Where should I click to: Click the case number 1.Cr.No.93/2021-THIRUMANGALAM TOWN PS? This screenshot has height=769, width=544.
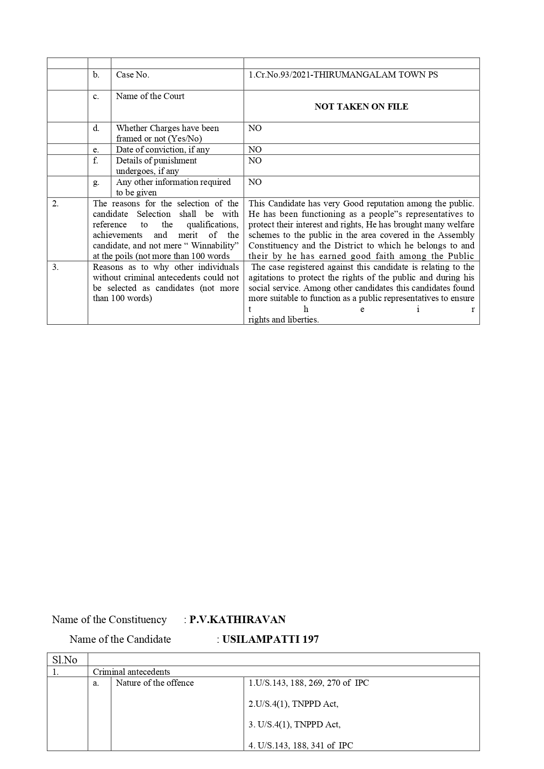coord(343,75)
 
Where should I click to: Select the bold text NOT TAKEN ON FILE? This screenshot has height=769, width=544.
coord(361,106)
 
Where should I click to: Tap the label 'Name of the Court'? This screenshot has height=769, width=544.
coord(150,96)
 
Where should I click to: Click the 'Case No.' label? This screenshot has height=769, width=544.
coord(132,75)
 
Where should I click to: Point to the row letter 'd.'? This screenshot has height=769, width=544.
coord(96,128)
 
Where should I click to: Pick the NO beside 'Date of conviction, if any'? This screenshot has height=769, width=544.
coord(255,149)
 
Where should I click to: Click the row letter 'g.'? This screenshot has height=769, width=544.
coord(96,182)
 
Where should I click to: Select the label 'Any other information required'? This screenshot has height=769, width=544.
coord(173,182)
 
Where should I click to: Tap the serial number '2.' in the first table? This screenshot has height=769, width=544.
coord(55,203)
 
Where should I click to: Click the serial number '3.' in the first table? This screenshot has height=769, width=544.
coord(55,267)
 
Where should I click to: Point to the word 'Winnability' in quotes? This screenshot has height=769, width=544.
coord(214,245)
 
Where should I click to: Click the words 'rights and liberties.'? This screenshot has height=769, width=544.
coord(283,319)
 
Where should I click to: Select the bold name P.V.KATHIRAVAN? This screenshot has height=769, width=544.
coord(237,620)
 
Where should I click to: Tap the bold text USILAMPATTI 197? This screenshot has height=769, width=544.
coord(270,639)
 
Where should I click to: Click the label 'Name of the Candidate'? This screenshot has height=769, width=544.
coord(120,639)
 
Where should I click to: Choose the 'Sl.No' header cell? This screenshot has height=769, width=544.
coord(64,660)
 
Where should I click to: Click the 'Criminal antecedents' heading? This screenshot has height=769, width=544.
coord(132,672)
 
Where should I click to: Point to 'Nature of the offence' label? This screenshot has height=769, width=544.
coord(155,683)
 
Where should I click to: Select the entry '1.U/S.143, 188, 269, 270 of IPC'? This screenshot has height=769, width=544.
coord(309,683)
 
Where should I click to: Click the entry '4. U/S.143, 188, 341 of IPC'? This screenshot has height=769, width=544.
coord(301,745)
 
